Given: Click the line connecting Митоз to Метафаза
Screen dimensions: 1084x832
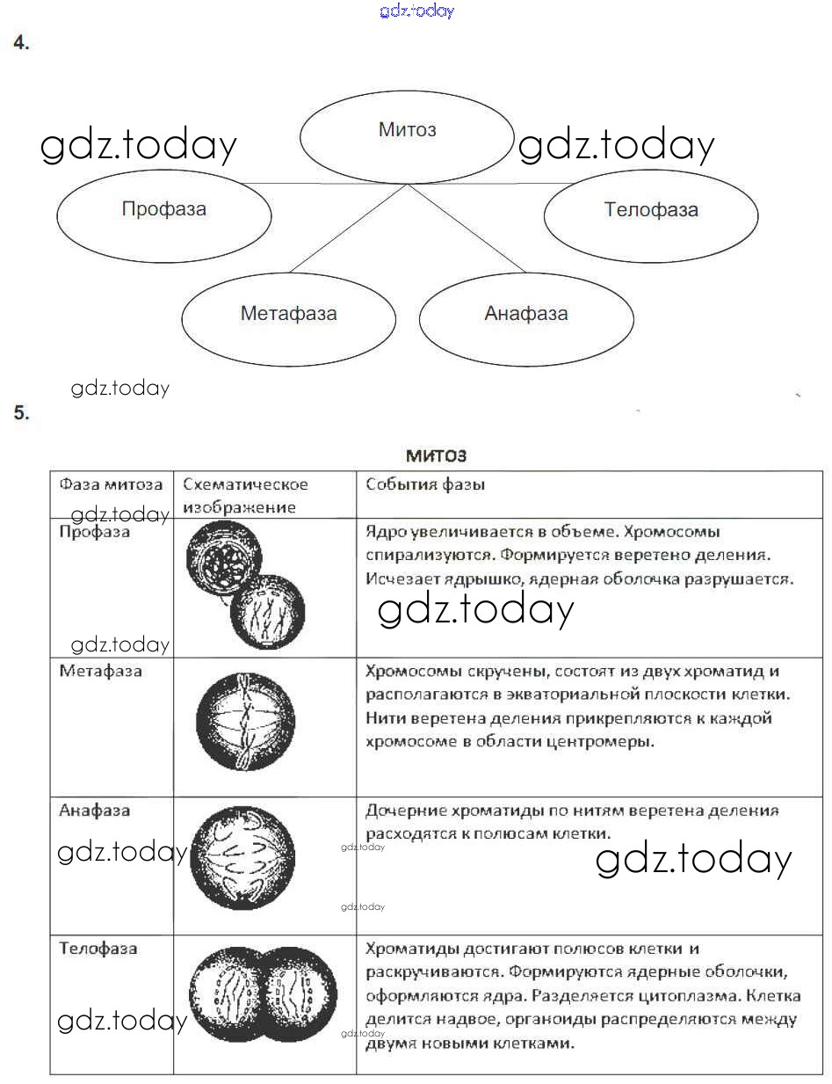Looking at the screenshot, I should pyautogui.click(x=347, y=229).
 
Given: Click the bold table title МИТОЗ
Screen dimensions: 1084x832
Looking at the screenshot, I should pyautogui.click(x=436, y=455).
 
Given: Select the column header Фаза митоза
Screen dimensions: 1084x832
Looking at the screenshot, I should pyautogui.click(x=111, y=484).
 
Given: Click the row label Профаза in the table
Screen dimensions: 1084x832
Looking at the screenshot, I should pyautogui.click(x=94, y=532).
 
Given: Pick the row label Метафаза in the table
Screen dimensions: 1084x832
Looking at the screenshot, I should pyautogui.click(x=100, y=671).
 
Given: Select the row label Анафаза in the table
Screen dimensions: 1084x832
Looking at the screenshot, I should pyautogui.click(x=94, y=810).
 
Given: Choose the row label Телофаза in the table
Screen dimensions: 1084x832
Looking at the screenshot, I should pyautogui.click(x=98, y=949).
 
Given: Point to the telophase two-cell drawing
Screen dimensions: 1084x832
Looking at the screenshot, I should pyautogui.click(x=263, y=994).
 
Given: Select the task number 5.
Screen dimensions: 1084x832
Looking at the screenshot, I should pyautogui.click(x=22, y=413).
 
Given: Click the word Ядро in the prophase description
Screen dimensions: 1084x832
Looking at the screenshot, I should pyautogui.click(x=382, y=532).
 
